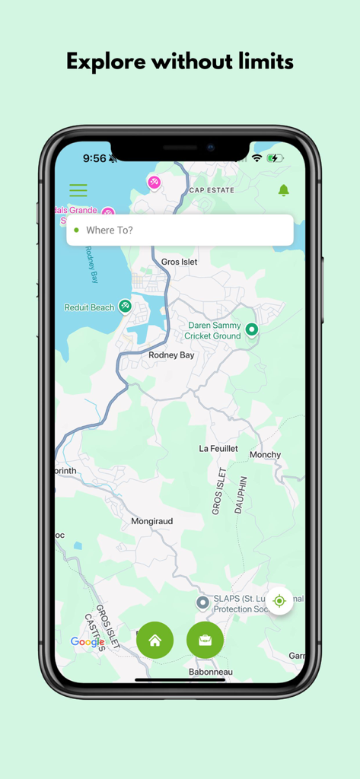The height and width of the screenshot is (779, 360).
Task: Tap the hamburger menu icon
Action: pos(78,190)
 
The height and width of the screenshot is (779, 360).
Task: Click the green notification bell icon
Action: pos(283,190)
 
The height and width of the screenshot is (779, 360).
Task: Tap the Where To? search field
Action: pos(180,230)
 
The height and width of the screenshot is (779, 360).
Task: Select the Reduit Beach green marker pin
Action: pos(125,307)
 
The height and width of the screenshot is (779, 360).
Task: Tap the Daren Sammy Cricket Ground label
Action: pos(215,330)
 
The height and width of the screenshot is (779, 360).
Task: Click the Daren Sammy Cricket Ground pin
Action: pos(251,329)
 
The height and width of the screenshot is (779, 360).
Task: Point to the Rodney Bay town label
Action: pos(171,355)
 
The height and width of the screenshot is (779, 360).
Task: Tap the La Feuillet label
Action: pos(218,449)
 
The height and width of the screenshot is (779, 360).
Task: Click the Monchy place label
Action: pos(265,455)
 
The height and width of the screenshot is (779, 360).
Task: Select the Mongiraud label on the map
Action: pos(152,521)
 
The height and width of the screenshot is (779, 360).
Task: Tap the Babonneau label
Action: pos(210,672)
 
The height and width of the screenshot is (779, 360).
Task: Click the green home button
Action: pos(155,641)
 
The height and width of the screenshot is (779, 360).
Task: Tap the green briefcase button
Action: pos(205,641)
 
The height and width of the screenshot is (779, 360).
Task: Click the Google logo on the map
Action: pos(88,642)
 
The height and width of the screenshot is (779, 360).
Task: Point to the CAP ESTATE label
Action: pos(212,190)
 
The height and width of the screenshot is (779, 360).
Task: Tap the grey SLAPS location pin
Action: pos(202,603)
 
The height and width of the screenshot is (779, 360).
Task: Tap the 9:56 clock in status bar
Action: pos(94,158)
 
